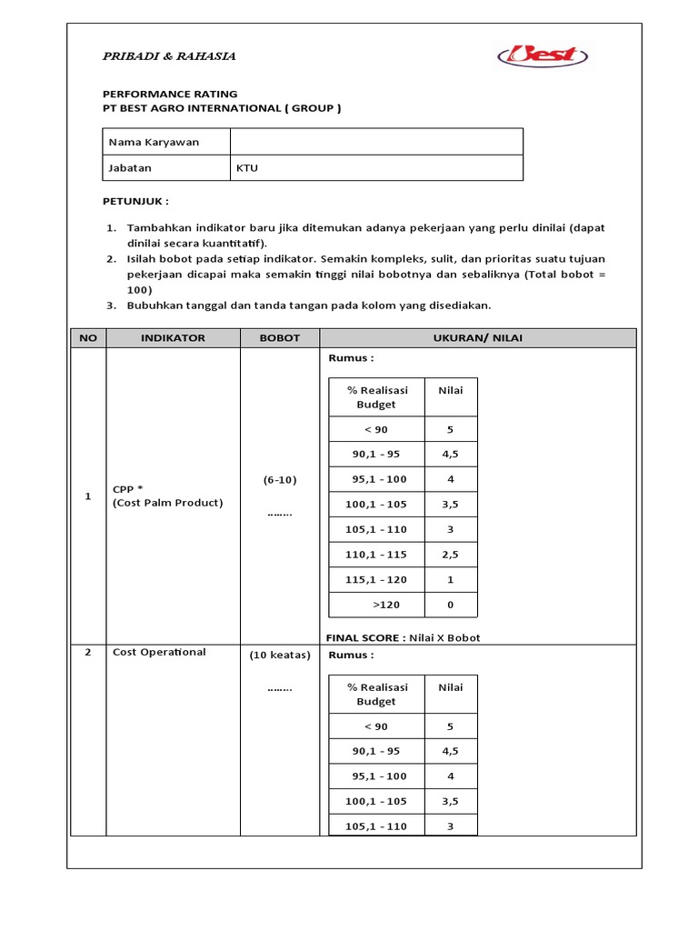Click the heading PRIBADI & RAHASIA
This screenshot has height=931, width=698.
coord(168,56)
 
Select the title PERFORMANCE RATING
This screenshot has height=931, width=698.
coord(169,94)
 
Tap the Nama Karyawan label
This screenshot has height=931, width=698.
coord(154,143)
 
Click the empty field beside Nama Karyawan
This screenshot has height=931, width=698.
coord(376,143)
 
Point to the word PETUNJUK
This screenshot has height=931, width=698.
coord(134,201)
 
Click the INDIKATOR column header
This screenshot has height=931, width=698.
coord(173,338)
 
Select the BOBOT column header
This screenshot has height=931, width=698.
coord(279,338)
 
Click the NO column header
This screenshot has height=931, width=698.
coord(88,338)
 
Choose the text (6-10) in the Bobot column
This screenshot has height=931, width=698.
coord(279,479)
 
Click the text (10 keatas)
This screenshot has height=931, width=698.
coord(279,655)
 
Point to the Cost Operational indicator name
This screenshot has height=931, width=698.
coord(159,652)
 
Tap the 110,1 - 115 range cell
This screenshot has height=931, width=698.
coord(376,555)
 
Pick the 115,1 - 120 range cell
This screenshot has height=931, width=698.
coord(376,579)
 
